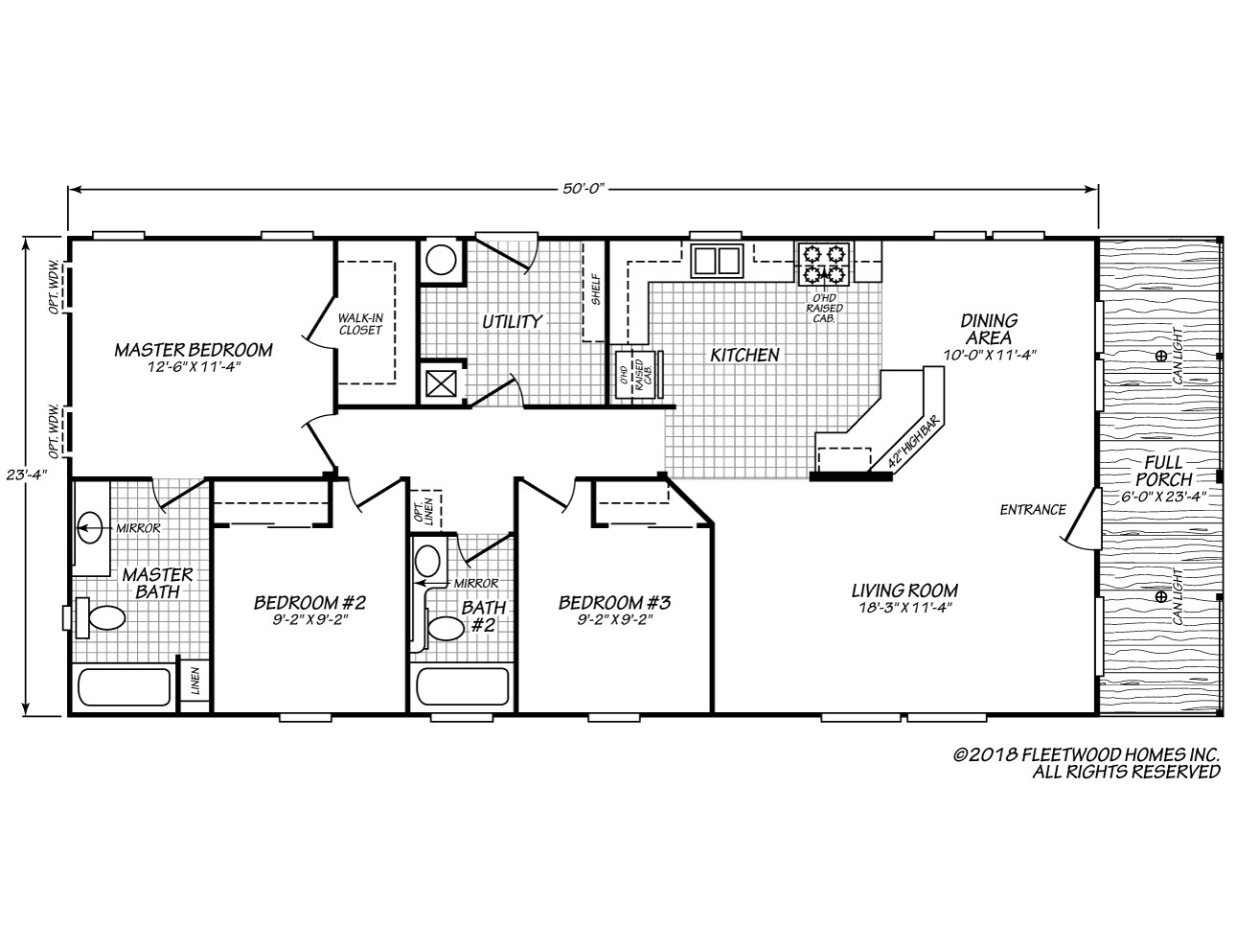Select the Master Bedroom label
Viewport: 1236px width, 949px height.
click(x=194, y=350)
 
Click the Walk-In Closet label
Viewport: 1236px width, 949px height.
click(x=360, y=323)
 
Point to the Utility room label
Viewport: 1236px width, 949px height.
click(x=512, y=322)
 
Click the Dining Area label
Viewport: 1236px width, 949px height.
click(x=991, y=329)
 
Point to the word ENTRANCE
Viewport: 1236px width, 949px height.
click(x=1033, y=510)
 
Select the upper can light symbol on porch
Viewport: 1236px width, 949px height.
click(x=1160, y=357)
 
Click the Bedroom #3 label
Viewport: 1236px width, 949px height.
click(x=614, y=603)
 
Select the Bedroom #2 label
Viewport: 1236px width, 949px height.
click(x=309, y=603)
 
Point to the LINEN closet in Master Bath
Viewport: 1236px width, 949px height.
click(x=195, y=681)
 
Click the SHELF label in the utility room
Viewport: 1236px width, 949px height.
click(x=595, y=290)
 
